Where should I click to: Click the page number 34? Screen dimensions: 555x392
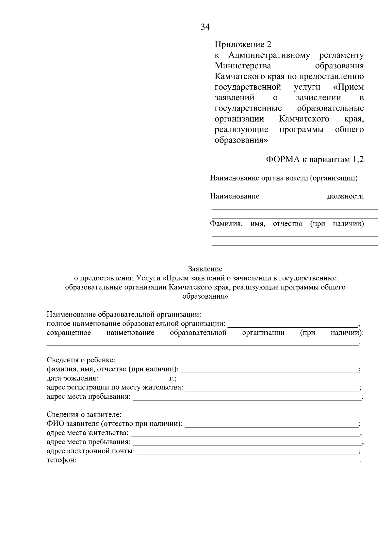point(205,27)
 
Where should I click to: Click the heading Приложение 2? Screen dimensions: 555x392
point(243,44)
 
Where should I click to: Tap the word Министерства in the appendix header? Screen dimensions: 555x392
point(243,66)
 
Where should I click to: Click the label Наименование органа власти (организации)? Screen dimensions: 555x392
point(284,178)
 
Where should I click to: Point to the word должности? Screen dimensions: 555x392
point(345,196)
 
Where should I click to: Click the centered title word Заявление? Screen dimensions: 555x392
point(205,269)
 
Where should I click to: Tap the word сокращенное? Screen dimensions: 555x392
point(69,333)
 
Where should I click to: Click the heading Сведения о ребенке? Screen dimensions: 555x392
point(81,360)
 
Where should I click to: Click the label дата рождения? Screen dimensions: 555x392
point(72,378)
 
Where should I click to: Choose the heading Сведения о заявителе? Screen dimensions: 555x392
point(84,415)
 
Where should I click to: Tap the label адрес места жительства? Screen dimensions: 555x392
point(88,433)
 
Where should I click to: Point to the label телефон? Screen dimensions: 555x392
point(61,460)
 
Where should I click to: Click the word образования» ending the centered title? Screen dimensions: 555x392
point(205,296)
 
